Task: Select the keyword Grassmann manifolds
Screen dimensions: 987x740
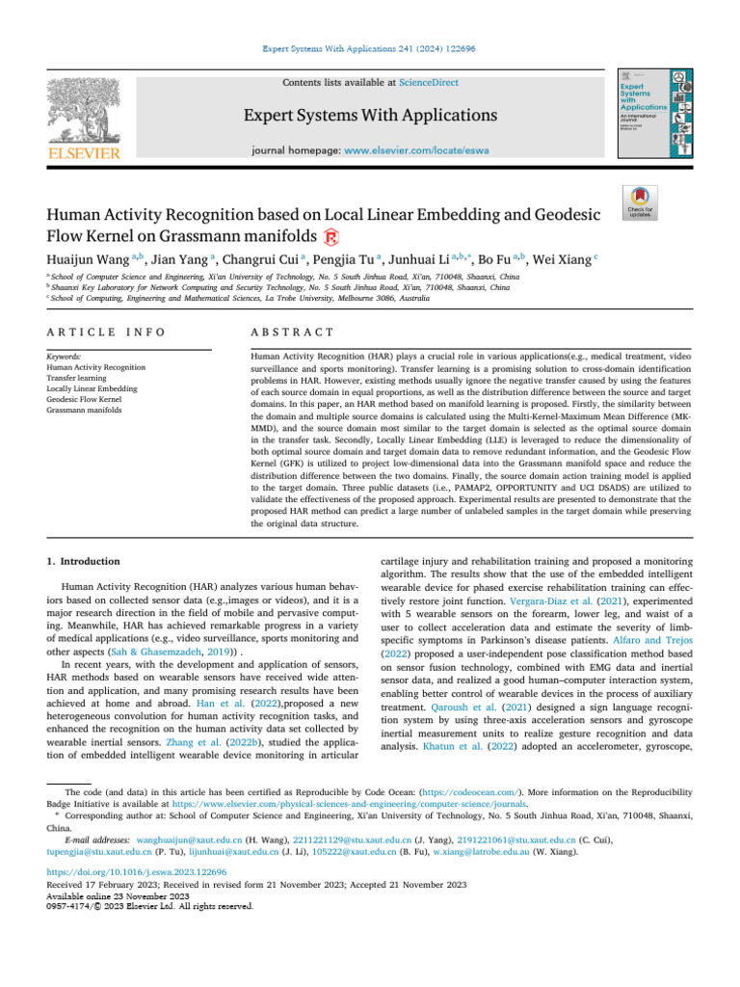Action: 86,410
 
